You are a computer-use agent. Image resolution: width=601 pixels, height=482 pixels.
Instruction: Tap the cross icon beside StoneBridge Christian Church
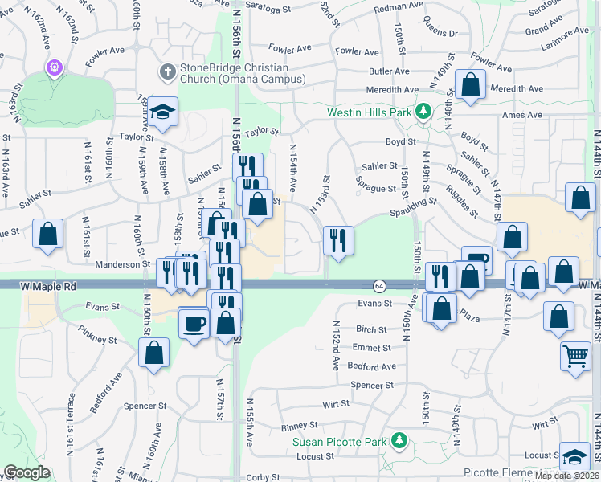[167, 72]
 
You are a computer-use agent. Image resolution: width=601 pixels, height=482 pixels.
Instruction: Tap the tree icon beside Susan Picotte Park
[398, 441]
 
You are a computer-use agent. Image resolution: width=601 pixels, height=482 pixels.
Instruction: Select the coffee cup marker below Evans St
[193, 324]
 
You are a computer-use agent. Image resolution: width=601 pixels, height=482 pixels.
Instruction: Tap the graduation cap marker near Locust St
[575, 457]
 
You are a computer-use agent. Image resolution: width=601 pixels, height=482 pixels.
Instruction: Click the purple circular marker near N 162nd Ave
[54, 67]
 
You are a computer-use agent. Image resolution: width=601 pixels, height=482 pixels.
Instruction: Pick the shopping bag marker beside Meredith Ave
[470, 84]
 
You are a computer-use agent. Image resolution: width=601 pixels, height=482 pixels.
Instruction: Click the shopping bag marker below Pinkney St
[153, 352]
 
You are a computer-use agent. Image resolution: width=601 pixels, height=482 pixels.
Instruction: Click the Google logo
[26, 472]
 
